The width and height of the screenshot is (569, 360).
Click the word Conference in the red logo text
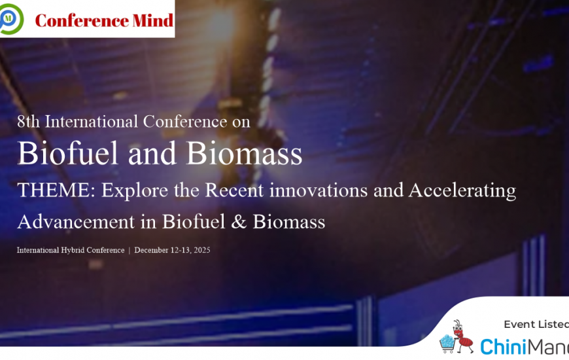click(82, 20)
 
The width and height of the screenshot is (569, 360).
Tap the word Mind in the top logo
click(153, 20)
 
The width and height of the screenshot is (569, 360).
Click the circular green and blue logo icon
click(11, 19)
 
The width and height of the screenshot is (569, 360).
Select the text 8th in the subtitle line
click(28, 121)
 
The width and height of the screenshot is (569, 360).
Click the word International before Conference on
click(92, 121)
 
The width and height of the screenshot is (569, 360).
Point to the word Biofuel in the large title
click(68, 153)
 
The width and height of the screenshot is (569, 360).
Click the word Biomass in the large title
click(244, 153)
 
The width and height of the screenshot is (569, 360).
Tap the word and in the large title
click(152, 153)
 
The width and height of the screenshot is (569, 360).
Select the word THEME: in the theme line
click(56, 190)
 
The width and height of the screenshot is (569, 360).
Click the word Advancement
click(76, 221)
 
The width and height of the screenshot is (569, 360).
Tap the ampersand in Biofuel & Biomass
click(239, 222)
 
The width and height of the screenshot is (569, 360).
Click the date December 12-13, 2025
click(173, 250)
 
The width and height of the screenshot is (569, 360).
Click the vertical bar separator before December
click(129, 250)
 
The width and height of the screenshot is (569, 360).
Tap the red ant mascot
click(462, 336)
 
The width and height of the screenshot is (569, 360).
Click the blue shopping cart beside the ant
click(447, 343)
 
